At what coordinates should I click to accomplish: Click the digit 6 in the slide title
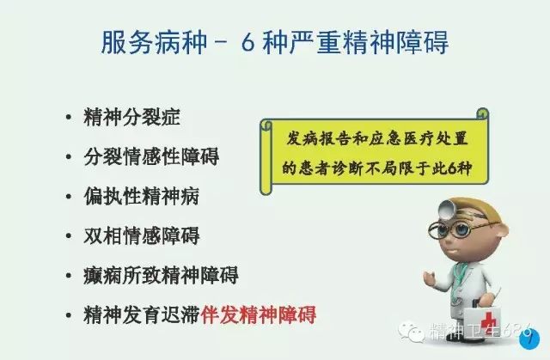247,41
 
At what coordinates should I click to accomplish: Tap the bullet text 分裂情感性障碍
150,157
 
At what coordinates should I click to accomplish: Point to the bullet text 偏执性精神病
141,197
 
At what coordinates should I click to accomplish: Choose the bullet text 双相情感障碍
141,235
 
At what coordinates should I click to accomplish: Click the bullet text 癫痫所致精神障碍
161,275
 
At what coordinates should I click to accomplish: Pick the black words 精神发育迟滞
141,314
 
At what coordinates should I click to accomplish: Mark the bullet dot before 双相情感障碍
68,236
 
